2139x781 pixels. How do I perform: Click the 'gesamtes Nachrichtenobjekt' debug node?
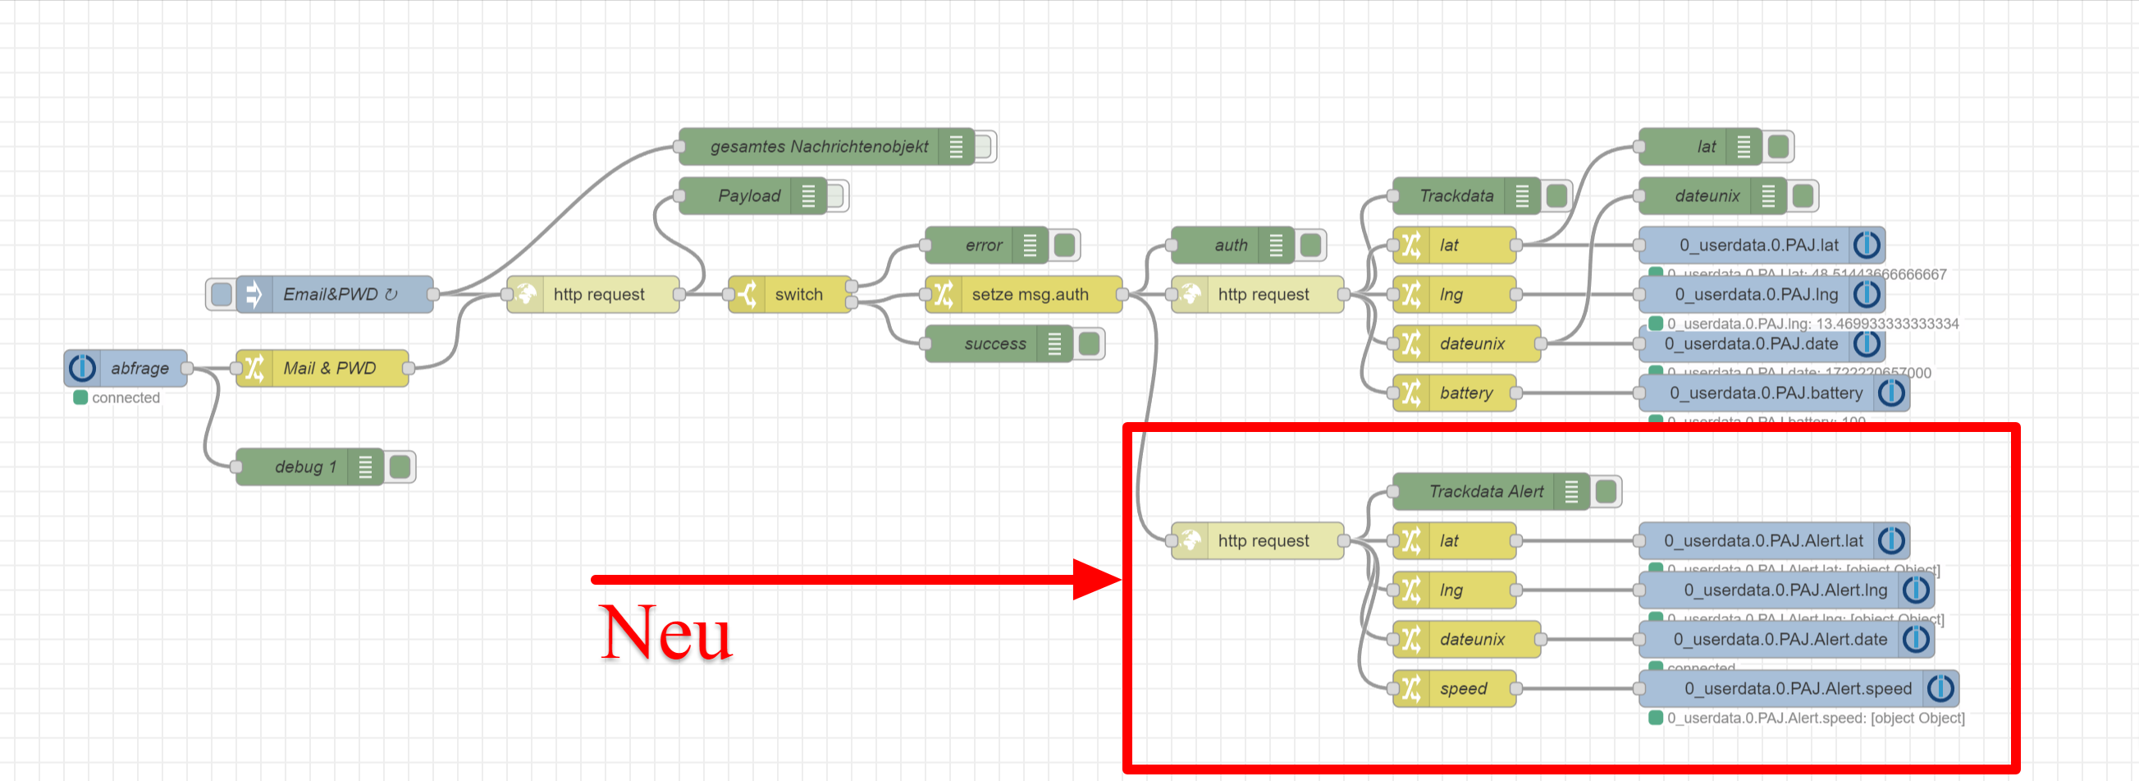pyautogui.click(x=818, y=147)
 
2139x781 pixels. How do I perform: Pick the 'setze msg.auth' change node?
pyautogui.click(x=1029, y=294)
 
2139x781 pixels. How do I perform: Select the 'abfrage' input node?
pyautogui.click(x=138, y=368)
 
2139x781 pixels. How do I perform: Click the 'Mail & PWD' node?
pyautogui.click(x=329, y=368)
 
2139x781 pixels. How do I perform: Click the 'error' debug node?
pyautogui.click(x=982, y=245)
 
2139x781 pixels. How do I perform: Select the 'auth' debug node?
pyautogui.click(x=1230, y=245)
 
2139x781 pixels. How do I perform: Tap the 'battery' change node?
pyautogui.click(x=1465, y=393)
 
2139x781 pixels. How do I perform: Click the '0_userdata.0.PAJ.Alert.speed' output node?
pyautogui.click(x=1797, y=689)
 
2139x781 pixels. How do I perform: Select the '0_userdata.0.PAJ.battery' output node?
pyautogui.click(x=1766, y=393)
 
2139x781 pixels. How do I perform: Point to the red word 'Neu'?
pyautogui.click(x=666, y=633)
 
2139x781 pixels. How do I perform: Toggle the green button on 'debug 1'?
pyautogui.click(x=400, y=467)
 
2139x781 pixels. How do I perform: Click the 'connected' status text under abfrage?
pyautogui.click(x=126, y=398)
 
